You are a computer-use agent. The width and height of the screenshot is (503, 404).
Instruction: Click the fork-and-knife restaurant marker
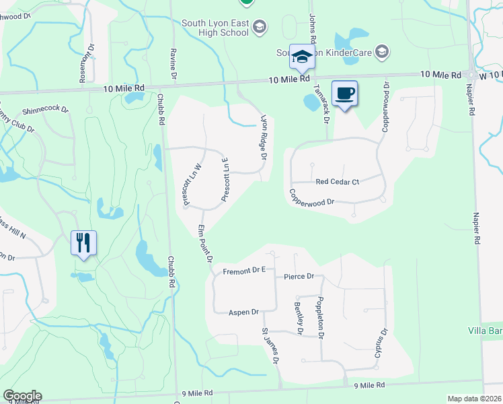[x=84, y=242]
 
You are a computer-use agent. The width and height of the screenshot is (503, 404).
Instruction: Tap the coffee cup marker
[x=345, y=93]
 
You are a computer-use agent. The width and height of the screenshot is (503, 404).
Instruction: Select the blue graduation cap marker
[x=302, y=56]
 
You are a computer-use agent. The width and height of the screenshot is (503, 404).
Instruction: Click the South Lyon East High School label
[x=215, y=28]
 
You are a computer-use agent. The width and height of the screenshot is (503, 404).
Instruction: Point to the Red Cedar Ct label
[x=338, y=182]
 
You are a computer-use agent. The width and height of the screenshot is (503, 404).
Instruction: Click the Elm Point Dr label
[x=205, y=244]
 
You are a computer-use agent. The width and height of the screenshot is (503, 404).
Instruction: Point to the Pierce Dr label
[x=299, y=277]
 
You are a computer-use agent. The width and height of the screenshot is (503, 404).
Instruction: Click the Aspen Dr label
[x=243, y=312]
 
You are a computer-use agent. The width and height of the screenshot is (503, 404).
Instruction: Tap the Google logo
[x=22, y=396]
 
